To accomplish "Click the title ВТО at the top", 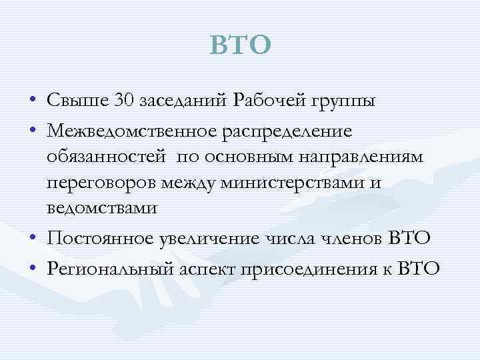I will [241, 45].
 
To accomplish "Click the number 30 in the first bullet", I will [125, 101].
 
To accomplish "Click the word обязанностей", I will [106, 155].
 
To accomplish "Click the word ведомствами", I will [103, 207].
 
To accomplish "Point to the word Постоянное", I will [101, 239].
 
